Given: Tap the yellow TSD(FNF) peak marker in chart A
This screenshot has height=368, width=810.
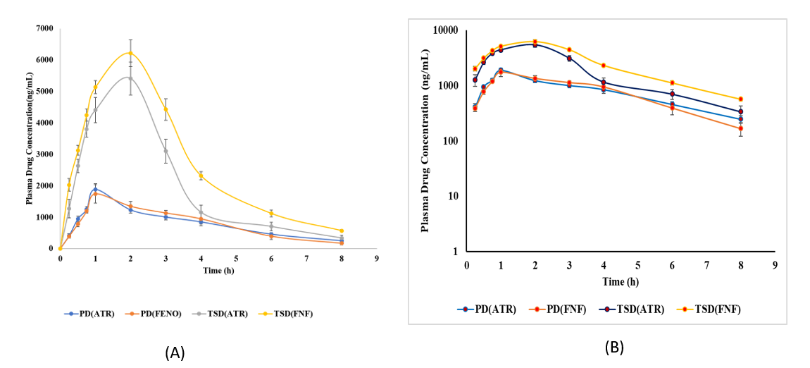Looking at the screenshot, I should pos(130,53).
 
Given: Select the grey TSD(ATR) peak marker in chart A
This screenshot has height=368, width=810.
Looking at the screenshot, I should pos(130,78).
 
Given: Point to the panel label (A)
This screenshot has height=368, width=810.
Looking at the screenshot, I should pos(174,353).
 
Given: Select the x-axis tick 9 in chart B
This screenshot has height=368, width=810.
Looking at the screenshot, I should pos(775,264).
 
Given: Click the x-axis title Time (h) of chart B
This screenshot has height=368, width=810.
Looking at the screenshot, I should pos(620,281).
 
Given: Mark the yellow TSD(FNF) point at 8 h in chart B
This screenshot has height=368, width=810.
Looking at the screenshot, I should pos(740,99).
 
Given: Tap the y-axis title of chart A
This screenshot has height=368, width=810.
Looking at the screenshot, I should pos(30,138).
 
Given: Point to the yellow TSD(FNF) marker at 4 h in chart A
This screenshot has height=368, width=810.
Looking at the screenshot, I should pos(201,176).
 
